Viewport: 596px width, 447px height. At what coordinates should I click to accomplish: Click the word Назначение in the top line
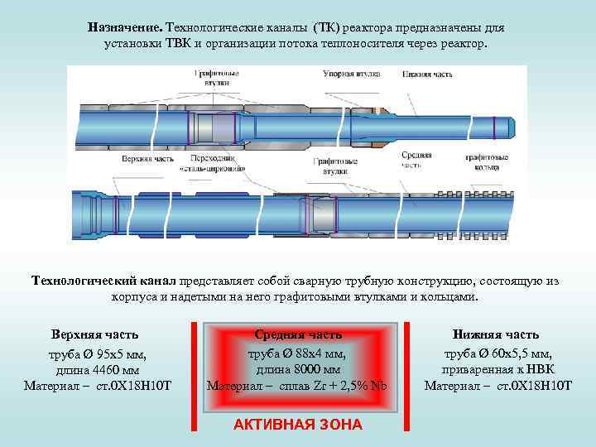(x=124, y=27)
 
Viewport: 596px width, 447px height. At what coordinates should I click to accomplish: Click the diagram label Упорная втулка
(x=351, y=74)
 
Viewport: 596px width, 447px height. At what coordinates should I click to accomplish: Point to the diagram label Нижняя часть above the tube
(x=428, y=74)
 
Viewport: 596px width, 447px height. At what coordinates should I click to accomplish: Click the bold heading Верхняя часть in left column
(x=95, y=334)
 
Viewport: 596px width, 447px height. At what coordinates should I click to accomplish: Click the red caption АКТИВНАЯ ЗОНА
(x=298, y=425)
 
